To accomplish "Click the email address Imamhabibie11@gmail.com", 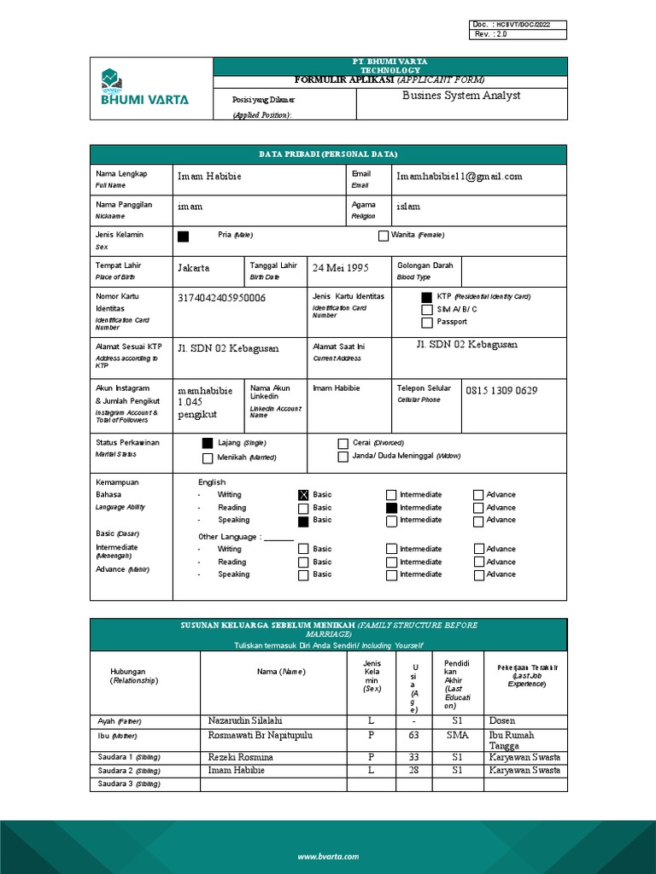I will pos(459,177).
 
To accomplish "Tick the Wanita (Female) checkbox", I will pos(384,236).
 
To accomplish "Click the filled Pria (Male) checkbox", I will pos(183,236).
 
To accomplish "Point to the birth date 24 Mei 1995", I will pos(340,268).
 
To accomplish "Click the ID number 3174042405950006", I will pos(221,298).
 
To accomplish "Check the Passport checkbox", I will pos(427,323).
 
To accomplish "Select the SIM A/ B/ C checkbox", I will pos(427,310).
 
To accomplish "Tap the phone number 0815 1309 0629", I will pos(501,391).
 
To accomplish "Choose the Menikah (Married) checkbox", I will pos(207,458).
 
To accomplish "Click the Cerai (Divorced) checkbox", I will pos(343,444).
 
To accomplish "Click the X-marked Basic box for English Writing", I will pos(303,495).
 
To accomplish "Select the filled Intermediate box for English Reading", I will pos(391,508).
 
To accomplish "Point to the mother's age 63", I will pos(413,735).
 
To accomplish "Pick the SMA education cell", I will pos(456,735).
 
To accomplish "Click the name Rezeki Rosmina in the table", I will pos(241,757).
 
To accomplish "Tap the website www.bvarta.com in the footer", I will pos(328,856).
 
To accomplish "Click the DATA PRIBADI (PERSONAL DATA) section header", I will pos(328,154).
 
